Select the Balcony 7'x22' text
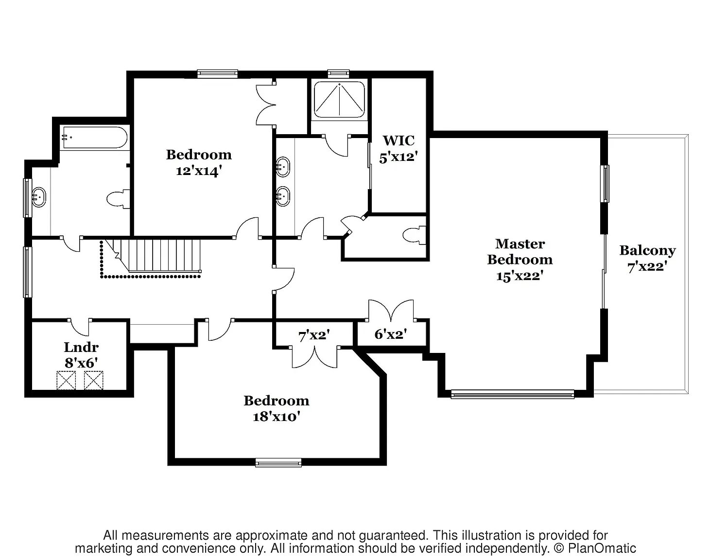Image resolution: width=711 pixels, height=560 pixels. [x=647, y=259]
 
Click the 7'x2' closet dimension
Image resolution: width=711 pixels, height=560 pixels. [x=314, y=336]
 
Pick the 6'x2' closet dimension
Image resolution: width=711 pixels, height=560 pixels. [x=390, y=334]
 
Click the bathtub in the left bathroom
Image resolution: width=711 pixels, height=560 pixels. [x=94, y=138]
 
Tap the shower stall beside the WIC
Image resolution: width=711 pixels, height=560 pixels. [x=339, y=100]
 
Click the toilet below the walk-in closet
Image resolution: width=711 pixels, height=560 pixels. [x=415, y=235]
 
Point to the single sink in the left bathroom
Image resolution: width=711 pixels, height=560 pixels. [x=39, y=198]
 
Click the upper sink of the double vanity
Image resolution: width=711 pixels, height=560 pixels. [x=283, y=167]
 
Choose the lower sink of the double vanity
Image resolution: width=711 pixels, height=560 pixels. [x=283, y=196]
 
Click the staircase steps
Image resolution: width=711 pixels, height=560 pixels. [x=157, y=255]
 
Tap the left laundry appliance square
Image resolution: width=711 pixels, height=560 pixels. [x=66, y=381]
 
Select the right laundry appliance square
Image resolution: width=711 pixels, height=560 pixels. [x=93, y=381]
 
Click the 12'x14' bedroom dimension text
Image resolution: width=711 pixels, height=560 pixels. [x=198, y=171]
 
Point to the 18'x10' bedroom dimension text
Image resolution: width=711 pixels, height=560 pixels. [x=276, y=417]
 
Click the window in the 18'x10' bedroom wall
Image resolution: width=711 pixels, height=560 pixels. [x=278, y=462]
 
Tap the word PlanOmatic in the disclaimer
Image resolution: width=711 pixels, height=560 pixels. [x=602, y=548]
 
